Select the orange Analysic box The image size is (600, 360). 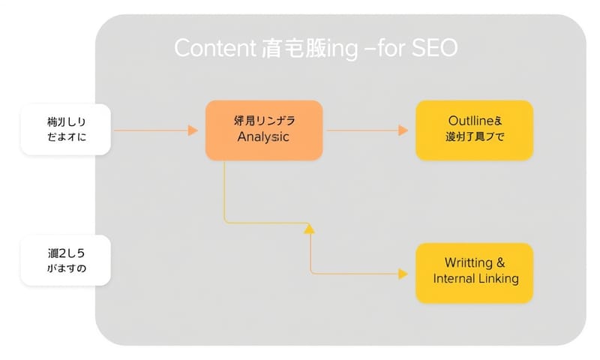tap(264, 130)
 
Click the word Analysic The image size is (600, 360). tap(263, 138)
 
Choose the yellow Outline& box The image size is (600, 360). tap(474, 130)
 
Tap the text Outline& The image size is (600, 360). tap(474, 121)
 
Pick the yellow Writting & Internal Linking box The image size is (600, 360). tap(474, 272)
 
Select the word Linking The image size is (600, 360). tap(499, 280)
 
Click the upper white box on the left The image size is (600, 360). tap(66, 130)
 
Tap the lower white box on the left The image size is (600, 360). tap(66, 260)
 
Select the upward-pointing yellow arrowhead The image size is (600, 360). tap(307, 228)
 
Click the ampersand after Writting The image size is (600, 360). tap(500, 263)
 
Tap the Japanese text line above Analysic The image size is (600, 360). tap(263, 121)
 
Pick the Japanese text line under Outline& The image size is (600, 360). tap(474, 137)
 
